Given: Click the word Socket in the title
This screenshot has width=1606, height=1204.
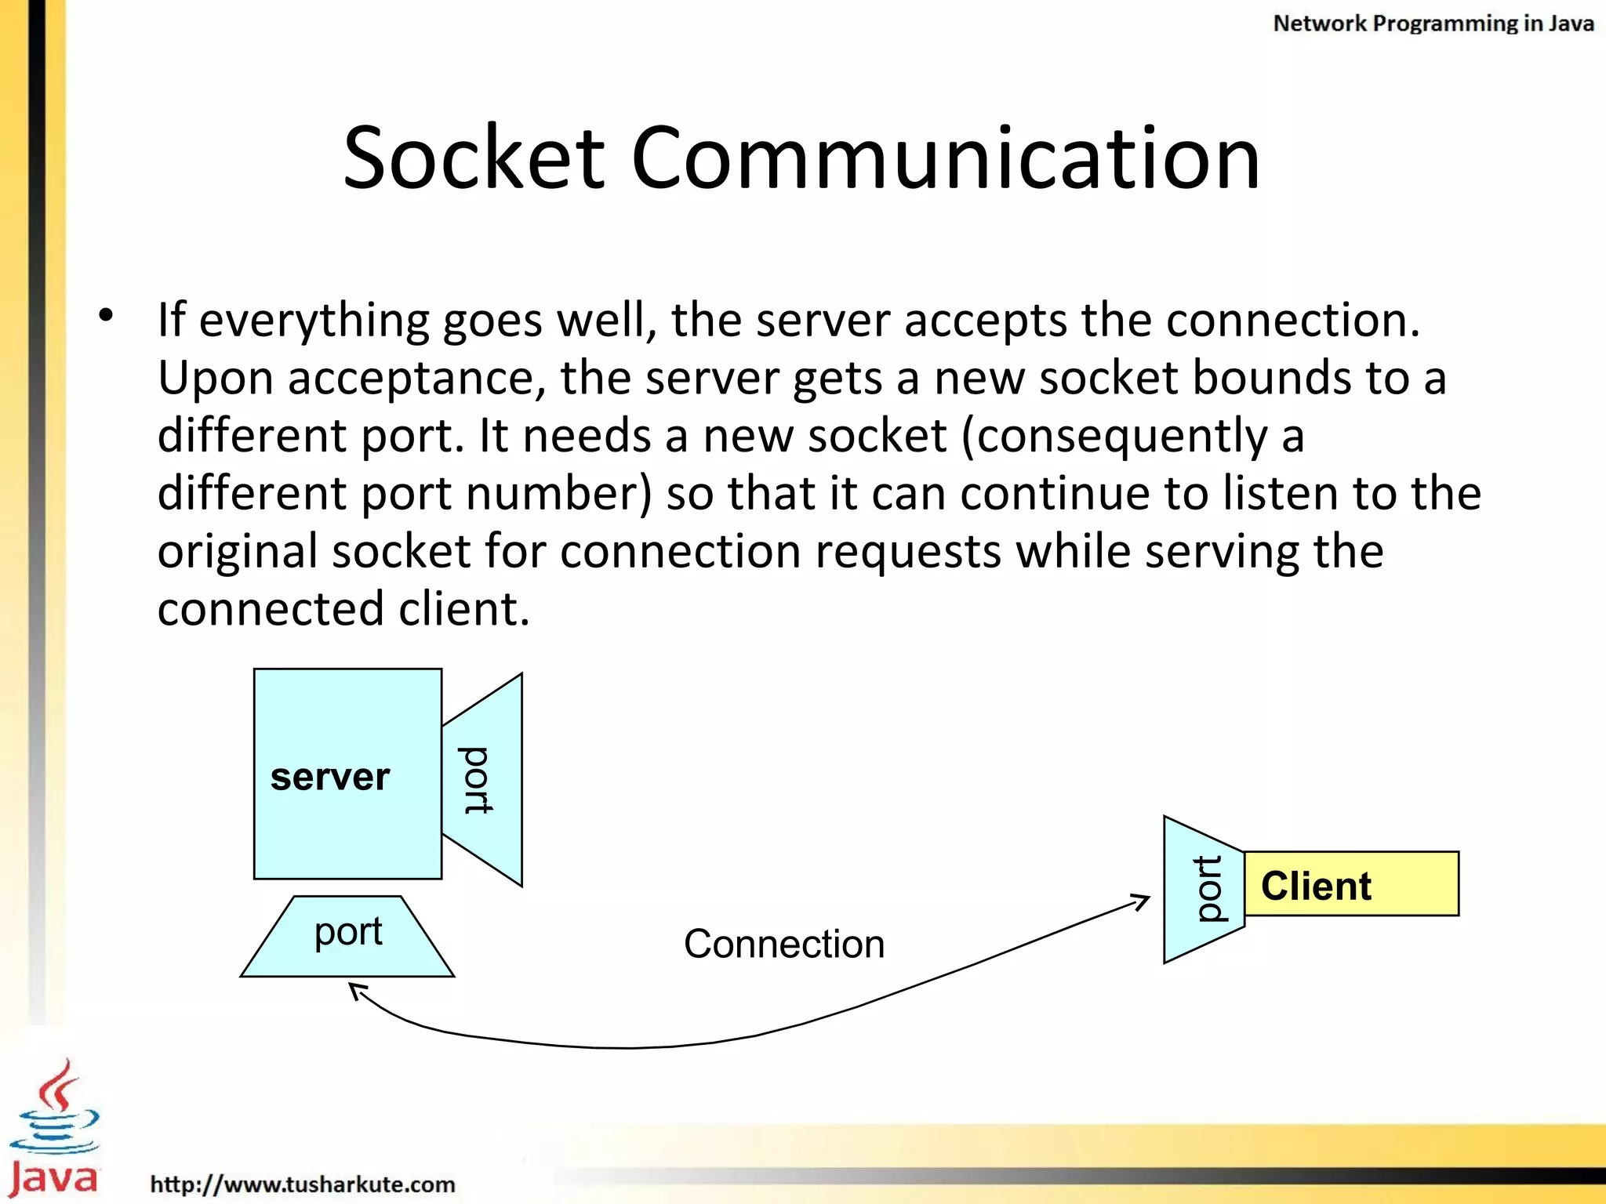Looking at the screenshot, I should point(474,158).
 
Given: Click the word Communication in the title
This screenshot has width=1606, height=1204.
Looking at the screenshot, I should point(945,158).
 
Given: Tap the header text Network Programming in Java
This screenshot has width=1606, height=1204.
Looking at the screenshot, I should point(1433,24).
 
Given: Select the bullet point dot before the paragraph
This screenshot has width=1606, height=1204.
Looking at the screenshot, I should point(106,316).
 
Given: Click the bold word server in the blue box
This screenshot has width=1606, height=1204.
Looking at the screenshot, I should point(330,777).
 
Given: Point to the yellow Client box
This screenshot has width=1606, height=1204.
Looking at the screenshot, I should point(1351,884).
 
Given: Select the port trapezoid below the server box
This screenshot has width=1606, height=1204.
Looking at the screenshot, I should point(347,936).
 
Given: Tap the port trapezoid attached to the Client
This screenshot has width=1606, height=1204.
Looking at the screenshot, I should point(1204,890).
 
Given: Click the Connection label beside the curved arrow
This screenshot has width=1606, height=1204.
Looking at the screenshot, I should point(783,944).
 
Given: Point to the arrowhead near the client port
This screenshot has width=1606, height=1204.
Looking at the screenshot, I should point(1142,901).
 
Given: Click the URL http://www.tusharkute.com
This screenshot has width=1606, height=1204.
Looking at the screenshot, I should point(303,1184).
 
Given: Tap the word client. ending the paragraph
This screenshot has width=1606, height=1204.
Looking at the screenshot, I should point(464,609).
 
